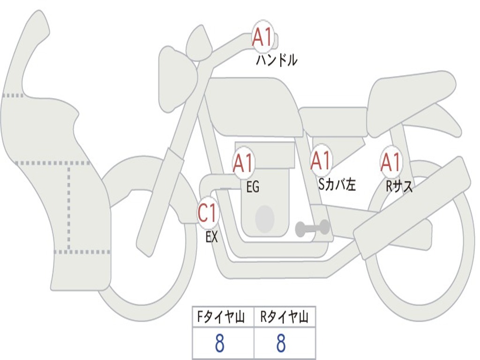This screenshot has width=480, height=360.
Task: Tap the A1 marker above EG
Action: click(x=243, y=163)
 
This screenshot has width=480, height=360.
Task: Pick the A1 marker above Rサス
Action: click(x=390, y=162)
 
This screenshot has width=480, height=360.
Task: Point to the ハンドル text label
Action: click(x=277, y=60)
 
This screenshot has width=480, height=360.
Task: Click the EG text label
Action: click(x=253, y=187)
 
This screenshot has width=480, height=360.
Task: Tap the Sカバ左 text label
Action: click(x=337, y=184)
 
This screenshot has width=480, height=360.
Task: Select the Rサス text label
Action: click(x=399, y=186)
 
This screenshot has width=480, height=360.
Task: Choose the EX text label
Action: click(x=211, y=237)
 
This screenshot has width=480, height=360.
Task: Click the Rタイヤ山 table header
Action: click(x=284, y=317)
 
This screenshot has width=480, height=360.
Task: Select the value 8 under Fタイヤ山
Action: click(x=220, y=343)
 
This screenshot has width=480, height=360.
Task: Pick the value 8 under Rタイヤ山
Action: click(x=281, y=343)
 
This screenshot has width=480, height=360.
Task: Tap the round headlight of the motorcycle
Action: click(x=178, y=79)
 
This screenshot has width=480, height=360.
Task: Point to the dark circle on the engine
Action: click(x=265, y=218)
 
